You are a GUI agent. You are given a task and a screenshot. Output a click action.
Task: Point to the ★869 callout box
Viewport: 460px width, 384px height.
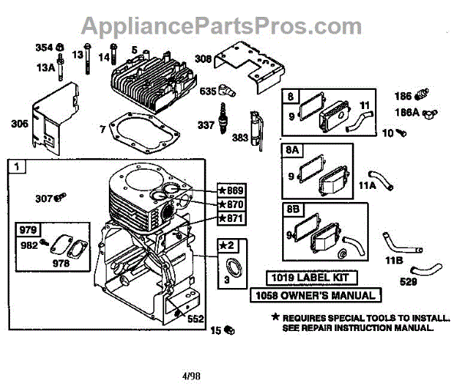[231, 191]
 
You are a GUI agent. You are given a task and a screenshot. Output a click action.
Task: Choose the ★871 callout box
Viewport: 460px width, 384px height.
[231, 219]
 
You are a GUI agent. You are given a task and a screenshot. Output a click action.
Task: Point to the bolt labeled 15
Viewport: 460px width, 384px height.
[228, 330]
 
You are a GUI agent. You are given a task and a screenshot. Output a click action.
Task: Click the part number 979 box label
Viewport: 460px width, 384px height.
[28, 229]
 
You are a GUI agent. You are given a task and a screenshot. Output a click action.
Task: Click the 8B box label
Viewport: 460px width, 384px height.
[293, 208]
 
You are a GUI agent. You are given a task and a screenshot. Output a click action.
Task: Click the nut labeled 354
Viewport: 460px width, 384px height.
[59, 48]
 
